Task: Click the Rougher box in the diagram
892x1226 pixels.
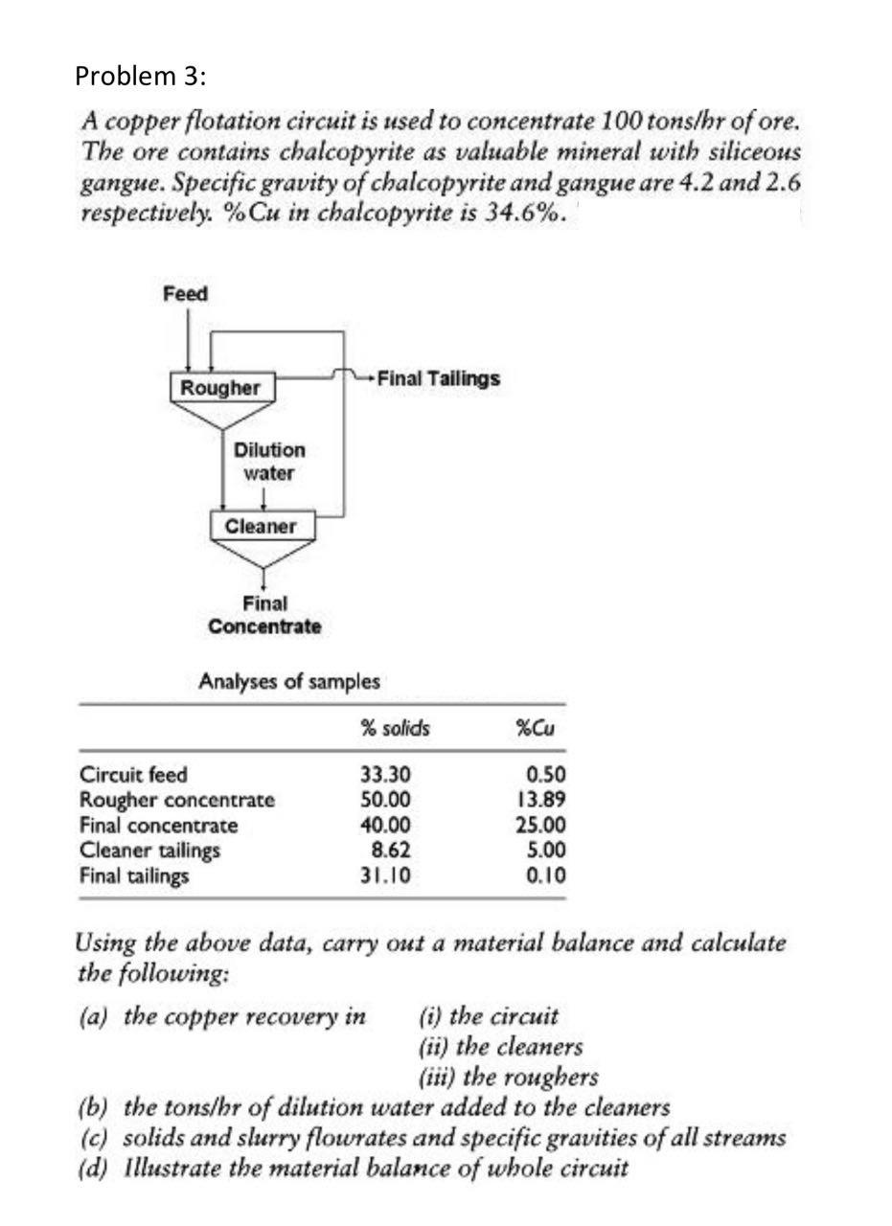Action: click(x=221, y=388)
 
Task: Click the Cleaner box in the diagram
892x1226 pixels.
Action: click(x=261, y=526)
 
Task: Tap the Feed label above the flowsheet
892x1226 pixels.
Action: click(x=185, y=294)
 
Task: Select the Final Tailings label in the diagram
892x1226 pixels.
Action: click(x=439, y=378)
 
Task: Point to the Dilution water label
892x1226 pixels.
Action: click(x=268, y=461)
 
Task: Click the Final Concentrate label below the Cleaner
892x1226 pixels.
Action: click(x=264, y=615)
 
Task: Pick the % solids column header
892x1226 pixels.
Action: click(x=395, y=729)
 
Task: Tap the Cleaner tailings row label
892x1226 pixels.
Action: click(x=149, y=851)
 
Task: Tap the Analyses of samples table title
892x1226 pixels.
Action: click(x=288, y=682)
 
